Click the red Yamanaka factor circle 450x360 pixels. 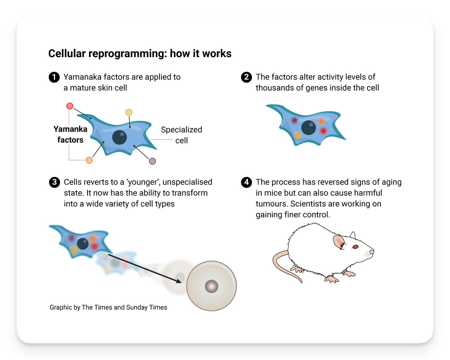tap(70, 106)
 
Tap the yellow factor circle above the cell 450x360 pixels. tap(129, 112)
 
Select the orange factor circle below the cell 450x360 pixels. tap(89, 160)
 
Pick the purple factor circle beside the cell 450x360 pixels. tap(152, 161)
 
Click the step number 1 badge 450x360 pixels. tap(54, 77)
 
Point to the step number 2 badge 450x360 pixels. tap(246, 77)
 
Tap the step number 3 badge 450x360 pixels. tap(54, 182)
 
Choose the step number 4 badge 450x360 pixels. tap(246, 182)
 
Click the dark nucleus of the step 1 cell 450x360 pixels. tap(120, 137)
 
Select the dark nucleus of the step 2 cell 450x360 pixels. tap(308, 128)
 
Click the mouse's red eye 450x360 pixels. tap(355, 246)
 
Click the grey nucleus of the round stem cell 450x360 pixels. tap(211, 286)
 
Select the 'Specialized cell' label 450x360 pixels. tap(181, 135)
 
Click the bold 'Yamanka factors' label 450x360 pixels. tap(70, 134)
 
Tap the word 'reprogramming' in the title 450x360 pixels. tap(128, 53)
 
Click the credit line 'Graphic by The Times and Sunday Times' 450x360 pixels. tap(108, 307)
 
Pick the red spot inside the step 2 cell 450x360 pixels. tap(323, 131)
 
